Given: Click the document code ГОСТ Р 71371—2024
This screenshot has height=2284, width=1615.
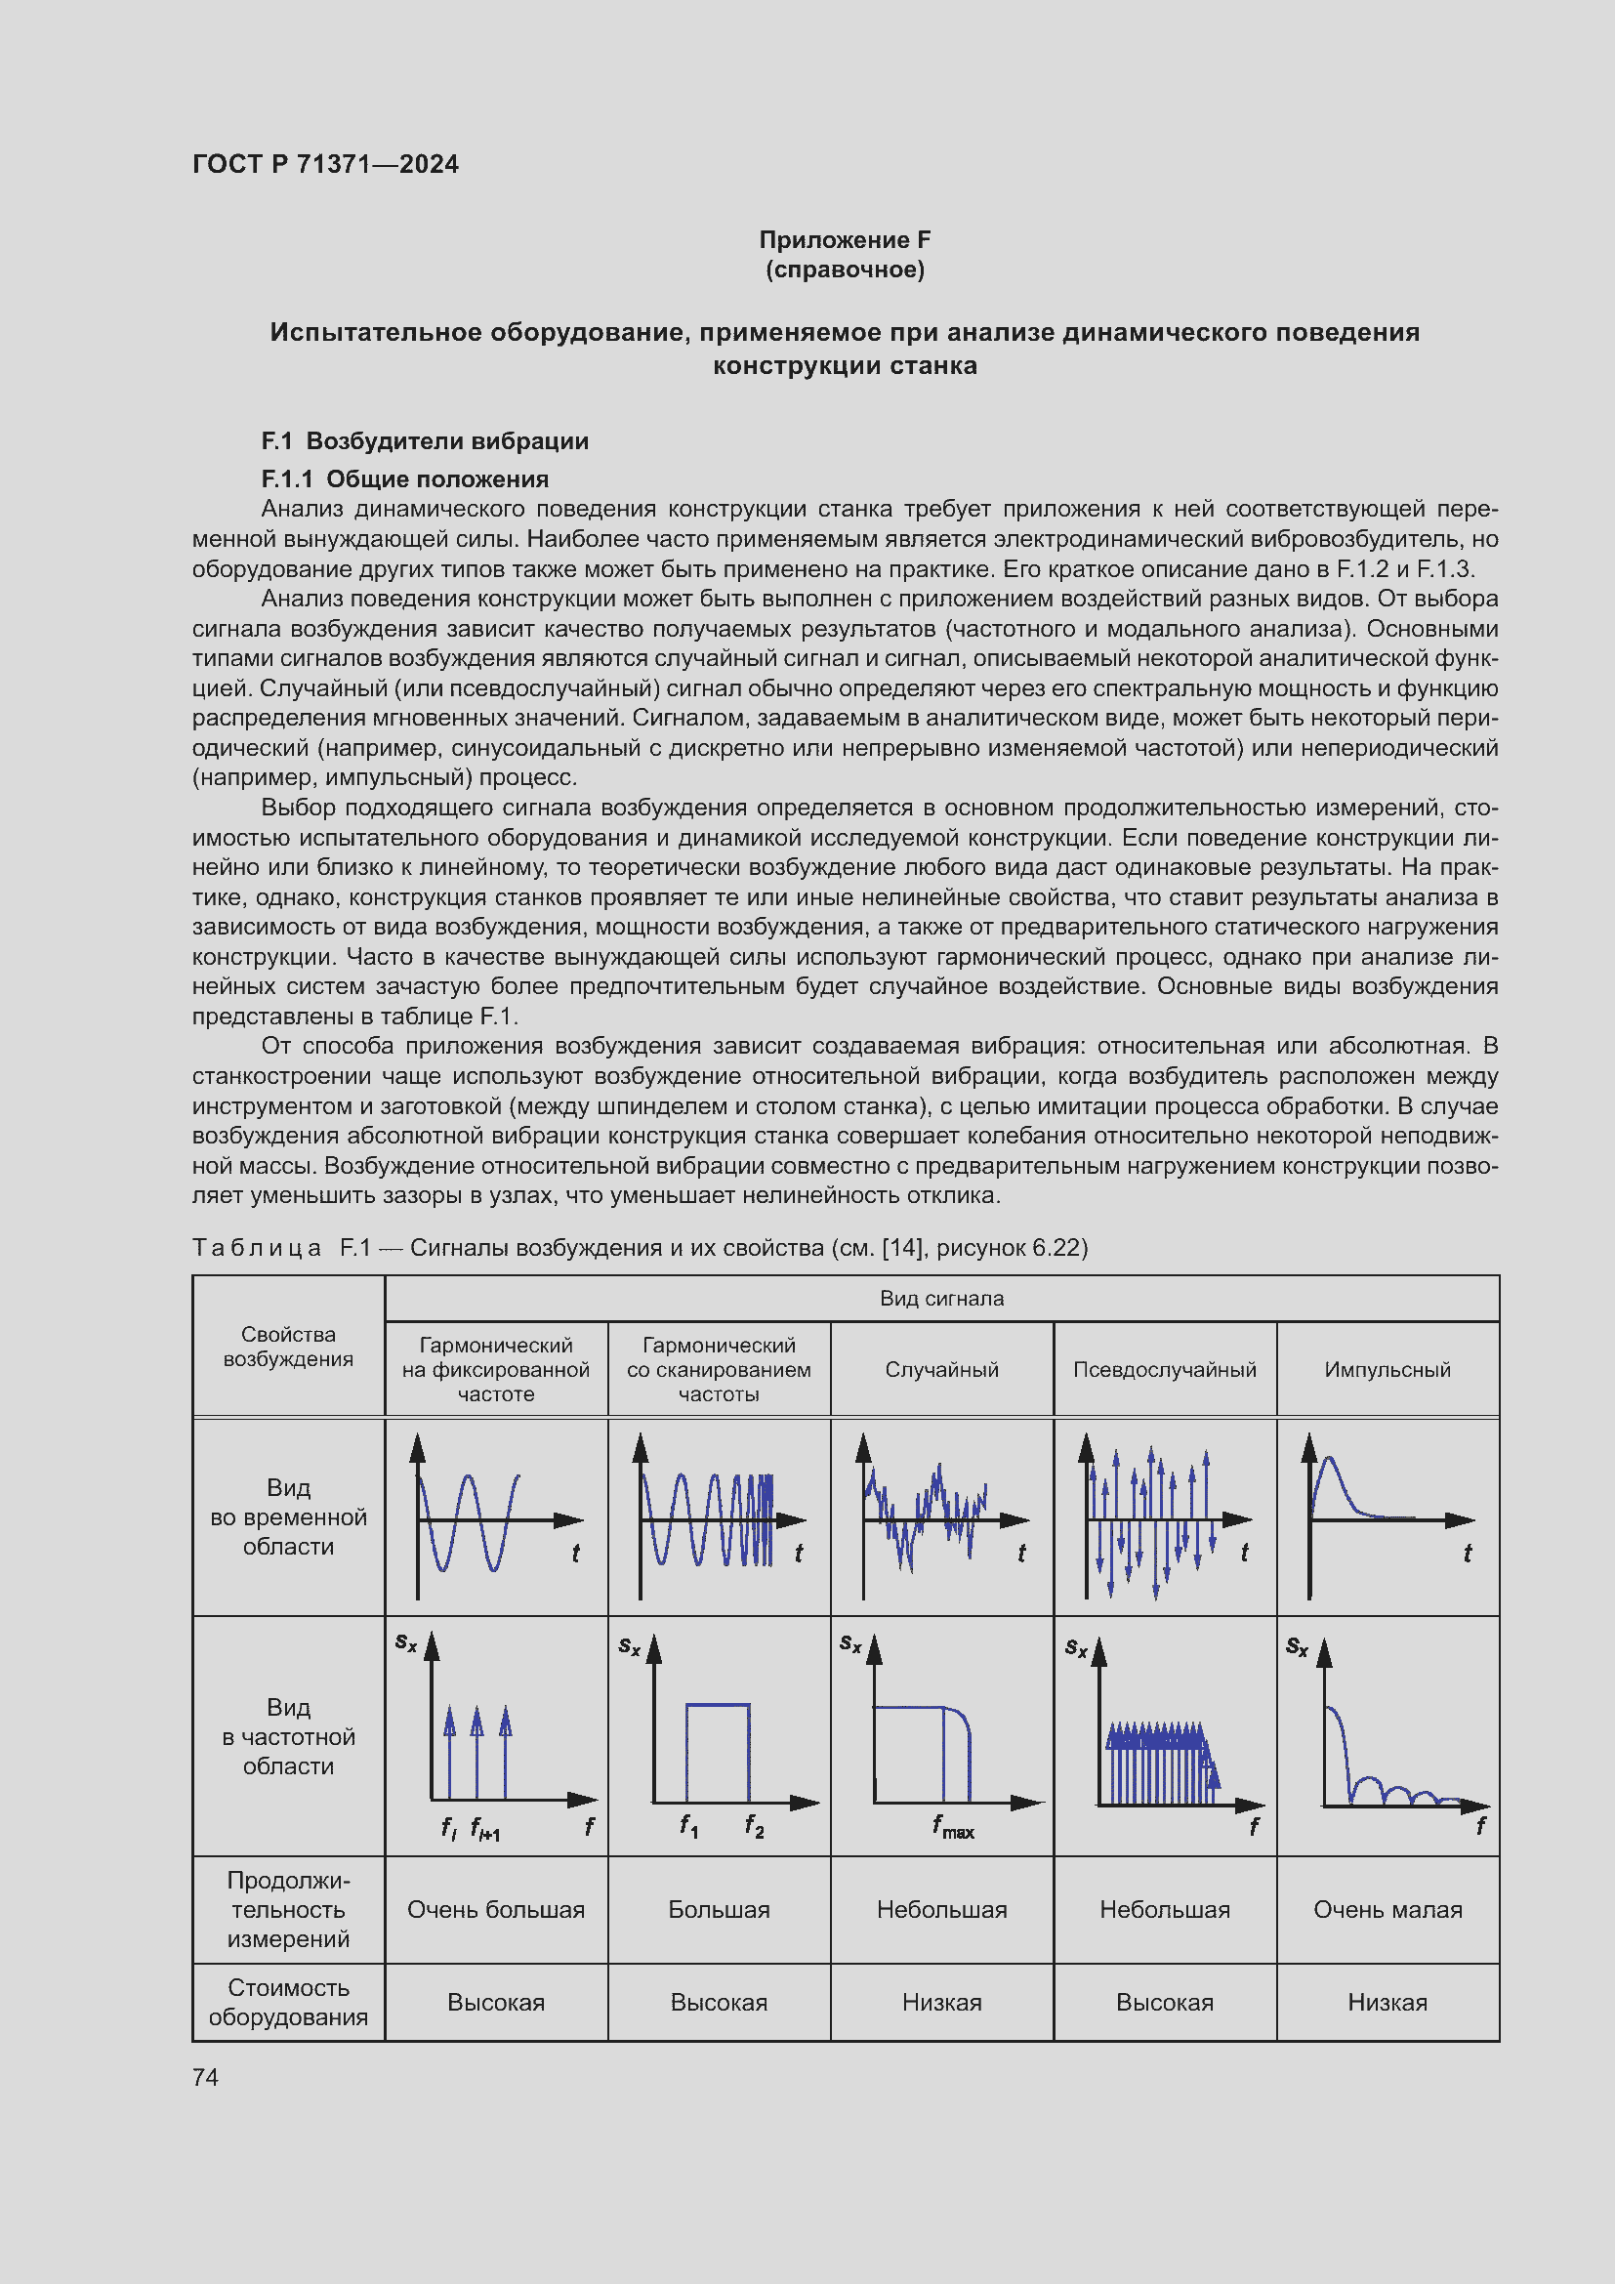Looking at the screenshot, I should pyautogui.click(x=325, y=164).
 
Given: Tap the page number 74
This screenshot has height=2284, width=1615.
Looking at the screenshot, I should pyautogui.click(x=205, y=2077).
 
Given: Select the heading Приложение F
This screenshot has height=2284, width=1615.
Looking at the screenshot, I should pyautogui.click(x=845, y=240).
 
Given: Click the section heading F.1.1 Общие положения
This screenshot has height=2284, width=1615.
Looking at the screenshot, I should pyautogui.click(x=405, y=479).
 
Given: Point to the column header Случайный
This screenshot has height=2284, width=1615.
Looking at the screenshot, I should pyautogui.click(x=940, y=1369).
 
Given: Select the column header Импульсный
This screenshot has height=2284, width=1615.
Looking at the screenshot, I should pyautogui.click(x=1387, y=1369).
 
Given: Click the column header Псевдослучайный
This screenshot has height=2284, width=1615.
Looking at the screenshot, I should pyautogui.click(x=1164, y=1369).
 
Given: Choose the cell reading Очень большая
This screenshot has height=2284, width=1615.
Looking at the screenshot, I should pyautogui.click(x=495, y=1909).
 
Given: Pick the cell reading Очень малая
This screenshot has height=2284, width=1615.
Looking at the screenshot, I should pyautogui.click(x=1387, y=1909).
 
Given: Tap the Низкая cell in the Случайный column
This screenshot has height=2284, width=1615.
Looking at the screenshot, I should pyautogui.click(x=940, y=2002).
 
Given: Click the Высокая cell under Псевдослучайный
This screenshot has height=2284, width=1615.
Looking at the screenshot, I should pyautogui.click(x=1164, y=2002).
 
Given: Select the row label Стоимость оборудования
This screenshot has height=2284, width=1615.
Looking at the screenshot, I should pyautogui.click(x=288, y=2002).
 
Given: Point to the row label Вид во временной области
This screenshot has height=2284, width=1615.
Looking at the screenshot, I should pyautogui.click(x=288, y=1516).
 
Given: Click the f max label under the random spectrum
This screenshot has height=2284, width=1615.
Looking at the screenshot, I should pyautogui.click(x=953, y=1826).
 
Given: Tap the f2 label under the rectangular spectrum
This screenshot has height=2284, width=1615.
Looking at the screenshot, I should pyautogui.click(x=754, y=1825).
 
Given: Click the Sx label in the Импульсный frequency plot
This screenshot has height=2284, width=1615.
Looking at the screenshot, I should pyautogui.click(x=1296, y=1646).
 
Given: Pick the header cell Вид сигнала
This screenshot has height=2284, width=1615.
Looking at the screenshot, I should pyautogui.click(x=940, y=1298).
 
